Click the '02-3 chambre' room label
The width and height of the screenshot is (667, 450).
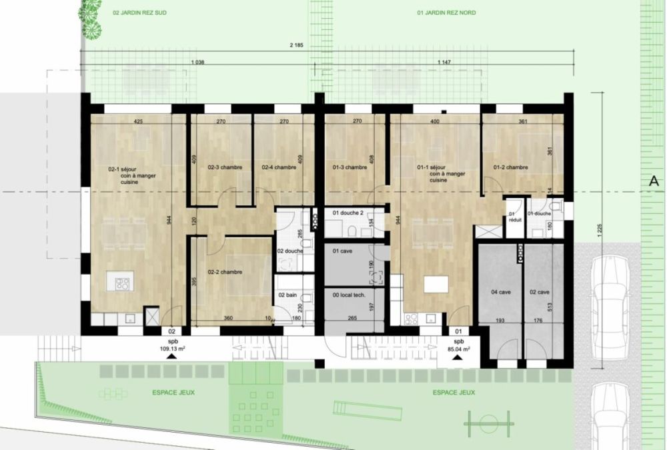click(225, 167)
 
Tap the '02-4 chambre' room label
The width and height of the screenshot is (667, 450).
click(278, 167)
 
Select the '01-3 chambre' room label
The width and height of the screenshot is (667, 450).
click(350, 167)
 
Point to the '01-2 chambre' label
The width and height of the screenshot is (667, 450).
click(510, 167)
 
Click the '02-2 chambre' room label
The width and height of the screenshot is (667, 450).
click(225, 272)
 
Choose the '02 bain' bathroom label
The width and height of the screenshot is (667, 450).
click(287, 295)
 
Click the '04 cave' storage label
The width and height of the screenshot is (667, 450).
click(501, 292)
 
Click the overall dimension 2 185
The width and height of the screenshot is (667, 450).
click(297, 45)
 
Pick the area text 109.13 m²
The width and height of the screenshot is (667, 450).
click(171, 348)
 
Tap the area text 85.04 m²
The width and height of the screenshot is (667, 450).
click(458, 348)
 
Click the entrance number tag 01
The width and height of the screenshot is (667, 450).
click(458, 331)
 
